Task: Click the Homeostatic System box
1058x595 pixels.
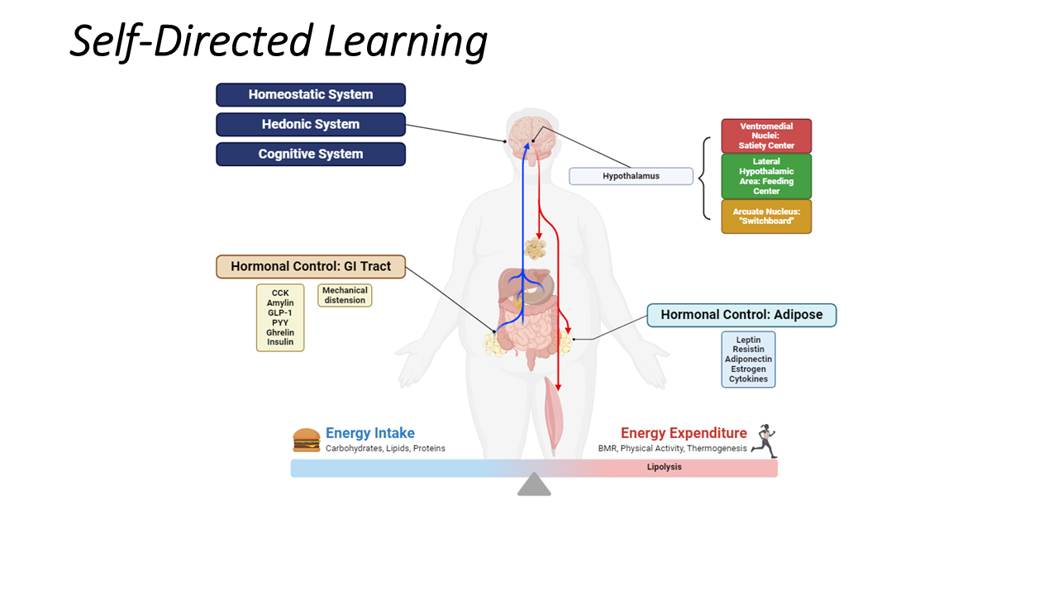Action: (311, 95)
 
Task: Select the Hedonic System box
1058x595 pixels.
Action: (311, 125)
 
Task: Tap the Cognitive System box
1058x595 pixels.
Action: (311, 155)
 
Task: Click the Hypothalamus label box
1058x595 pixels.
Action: (631, 176)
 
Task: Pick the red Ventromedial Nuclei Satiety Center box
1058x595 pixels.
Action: (766, 136)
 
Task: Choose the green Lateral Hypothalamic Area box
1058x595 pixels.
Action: (766, 176)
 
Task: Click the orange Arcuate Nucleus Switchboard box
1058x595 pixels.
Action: (766, 217)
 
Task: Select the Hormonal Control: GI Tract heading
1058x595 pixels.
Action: (311, 267)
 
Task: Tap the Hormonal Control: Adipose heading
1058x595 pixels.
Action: (741, 315)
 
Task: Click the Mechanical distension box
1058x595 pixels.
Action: (345, 296)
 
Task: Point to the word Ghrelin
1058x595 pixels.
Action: (280, 332)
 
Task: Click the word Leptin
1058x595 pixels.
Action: (748, 340)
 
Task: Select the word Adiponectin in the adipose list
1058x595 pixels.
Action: (748, 359)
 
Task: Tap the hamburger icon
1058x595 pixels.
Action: (307, 440)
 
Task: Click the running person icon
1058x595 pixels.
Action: (765, 441)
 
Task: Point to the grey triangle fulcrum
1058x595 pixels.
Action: (534, 485)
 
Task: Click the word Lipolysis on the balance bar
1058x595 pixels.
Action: (664, 468)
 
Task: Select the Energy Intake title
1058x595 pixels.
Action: (369, 433)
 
